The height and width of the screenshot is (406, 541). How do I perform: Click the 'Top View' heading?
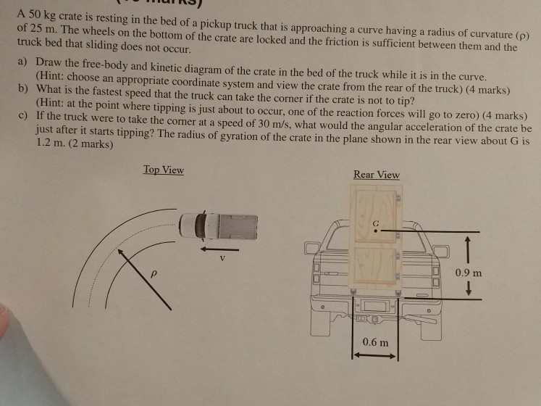pyautogui.click(x=164, y=170)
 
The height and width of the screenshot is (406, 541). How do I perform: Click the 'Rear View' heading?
pyautogui.click(x=377, y=175)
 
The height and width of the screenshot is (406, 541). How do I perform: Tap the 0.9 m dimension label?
pyautogui.click(x=468, y=273)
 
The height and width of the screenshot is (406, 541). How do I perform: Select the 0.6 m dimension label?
pyautogui.click(x=375, y=342)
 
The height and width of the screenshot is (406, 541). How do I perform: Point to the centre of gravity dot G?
pyautogui.click(x=375, y=231)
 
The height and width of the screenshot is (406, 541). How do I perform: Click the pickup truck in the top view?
pyautogui.click(x=219, y=226)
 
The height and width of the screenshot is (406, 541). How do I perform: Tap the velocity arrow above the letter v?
pyautogui.click(x=219, y=249)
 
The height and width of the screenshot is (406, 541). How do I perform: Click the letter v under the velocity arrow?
pyautogui.click(x=222, y=258)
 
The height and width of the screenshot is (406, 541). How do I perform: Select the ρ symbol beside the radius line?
pyautogui.click(x=154, y=273)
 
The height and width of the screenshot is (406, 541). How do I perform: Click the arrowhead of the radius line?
pyautogui.click(x=119, y=251)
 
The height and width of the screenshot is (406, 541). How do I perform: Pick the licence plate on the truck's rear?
pyautogui.click(x=374, y=306)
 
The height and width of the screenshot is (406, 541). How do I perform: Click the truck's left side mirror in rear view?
pyautogui.click(x=312, y=248)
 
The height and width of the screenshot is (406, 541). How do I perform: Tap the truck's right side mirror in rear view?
pyautogui.click(x=441, y=252)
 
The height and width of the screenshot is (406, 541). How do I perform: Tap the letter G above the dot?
pyautogui.click(x=376, y=223)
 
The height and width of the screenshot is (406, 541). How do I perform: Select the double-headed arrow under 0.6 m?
pyautogui.click(x=375, y=355)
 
